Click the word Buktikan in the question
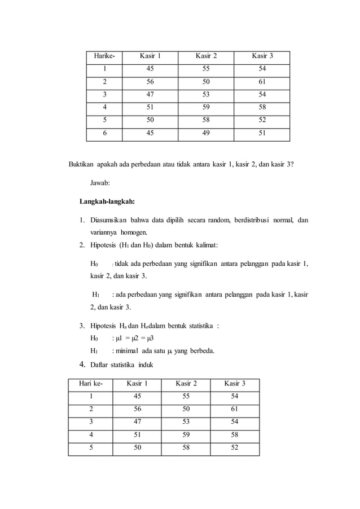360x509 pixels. click(x=81, y=164)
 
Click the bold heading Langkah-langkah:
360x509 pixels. click(x=107, y=201)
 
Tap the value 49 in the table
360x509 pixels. click(x=206, y=134)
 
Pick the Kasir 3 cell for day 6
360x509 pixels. click(x=262, y=134)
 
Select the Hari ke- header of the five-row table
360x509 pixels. click(x=90, y=384)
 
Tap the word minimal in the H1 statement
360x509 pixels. click(x=130, y=350)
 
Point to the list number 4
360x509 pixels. click(x=82, y=364)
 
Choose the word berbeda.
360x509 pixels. click(x=200, y=350)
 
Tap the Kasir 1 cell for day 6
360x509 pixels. click(x=150, y=134)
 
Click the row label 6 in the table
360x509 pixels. click(x=104, y=134)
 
